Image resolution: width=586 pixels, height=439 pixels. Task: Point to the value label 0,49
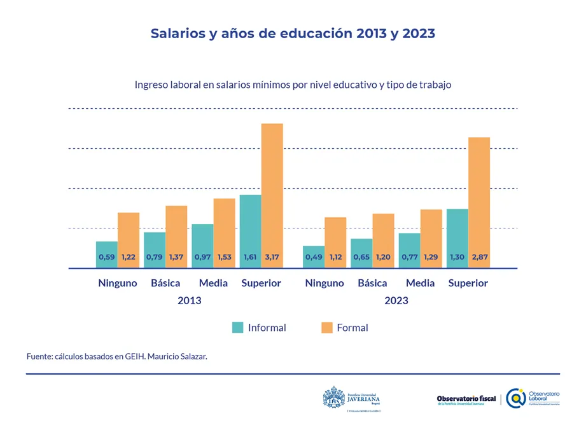click(314, 258)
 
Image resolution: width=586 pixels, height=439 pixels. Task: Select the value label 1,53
click(224, 258)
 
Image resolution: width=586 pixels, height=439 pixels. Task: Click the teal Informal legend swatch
click(238, 328)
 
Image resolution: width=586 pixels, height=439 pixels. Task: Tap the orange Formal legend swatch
click(327, 328)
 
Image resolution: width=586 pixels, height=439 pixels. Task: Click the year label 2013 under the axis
click(190, 300)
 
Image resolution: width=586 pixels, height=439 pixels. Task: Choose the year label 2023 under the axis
click(396, 300)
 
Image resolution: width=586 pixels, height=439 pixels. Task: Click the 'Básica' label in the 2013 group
click(165, 283)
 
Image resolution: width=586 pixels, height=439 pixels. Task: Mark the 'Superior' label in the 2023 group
click(468, 283)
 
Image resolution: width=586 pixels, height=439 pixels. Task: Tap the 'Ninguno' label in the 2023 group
click(324, 283)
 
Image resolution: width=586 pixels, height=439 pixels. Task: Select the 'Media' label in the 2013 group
click(213, 283)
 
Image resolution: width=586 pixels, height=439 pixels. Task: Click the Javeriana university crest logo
click(333, 398)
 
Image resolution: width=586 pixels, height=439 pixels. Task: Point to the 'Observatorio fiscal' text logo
click(466, 400)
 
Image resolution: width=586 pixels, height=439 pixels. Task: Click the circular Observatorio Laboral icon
click(516, 398)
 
